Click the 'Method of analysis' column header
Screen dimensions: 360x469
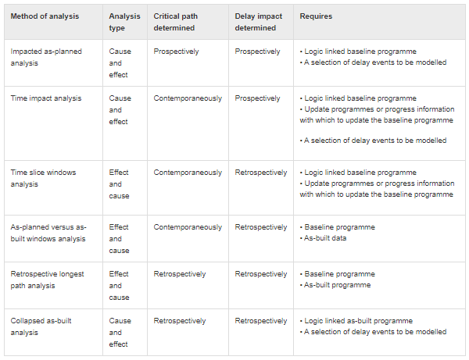point(45,16)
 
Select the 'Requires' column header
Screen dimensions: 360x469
point(317,16)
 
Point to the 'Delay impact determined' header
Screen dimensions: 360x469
point(259,22)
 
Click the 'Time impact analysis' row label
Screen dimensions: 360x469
point(46,98)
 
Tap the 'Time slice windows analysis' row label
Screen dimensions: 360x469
point(43,178)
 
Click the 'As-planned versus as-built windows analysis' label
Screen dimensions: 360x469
point(48,233)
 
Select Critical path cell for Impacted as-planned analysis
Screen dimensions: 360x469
point(176,52)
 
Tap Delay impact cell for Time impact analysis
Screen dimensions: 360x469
point(257,98)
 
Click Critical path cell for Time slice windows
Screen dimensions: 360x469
point(188,173)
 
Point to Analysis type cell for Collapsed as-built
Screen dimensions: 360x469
point(119,333)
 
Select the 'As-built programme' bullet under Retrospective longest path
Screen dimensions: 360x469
point(337,285)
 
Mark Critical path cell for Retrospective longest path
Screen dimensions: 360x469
point(180,274)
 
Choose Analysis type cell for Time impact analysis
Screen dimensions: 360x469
point(119,110)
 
